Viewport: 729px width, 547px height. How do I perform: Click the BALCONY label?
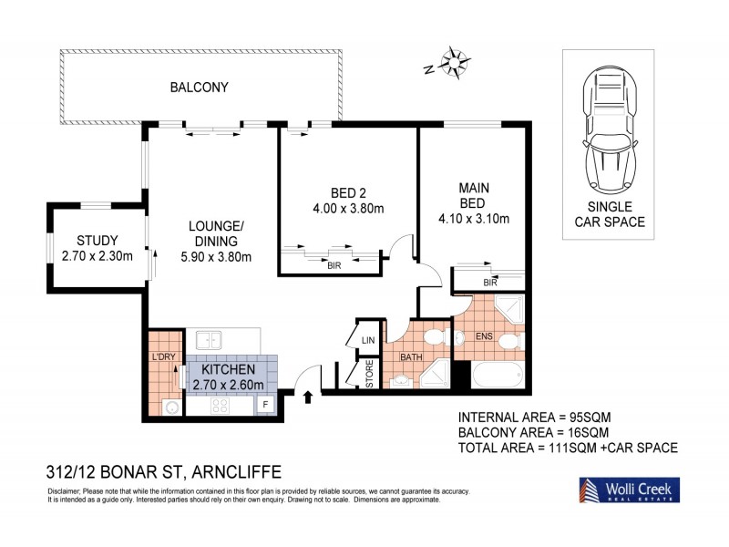click(198, 88)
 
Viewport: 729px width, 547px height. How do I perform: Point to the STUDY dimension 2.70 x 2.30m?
click(98, 255)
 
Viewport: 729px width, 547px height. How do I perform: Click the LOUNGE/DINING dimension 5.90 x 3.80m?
click(214, 256)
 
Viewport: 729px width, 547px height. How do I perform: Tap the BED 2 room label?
click(348, 192)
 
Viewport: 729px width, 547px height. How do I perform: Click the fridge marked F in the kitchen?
click(266, 404)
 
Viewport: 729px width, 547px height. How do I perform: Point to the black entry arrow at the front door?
click(306, 396)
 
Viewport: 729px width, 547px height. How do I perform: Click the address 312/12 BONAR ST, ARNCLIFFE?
click(163, 471)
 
